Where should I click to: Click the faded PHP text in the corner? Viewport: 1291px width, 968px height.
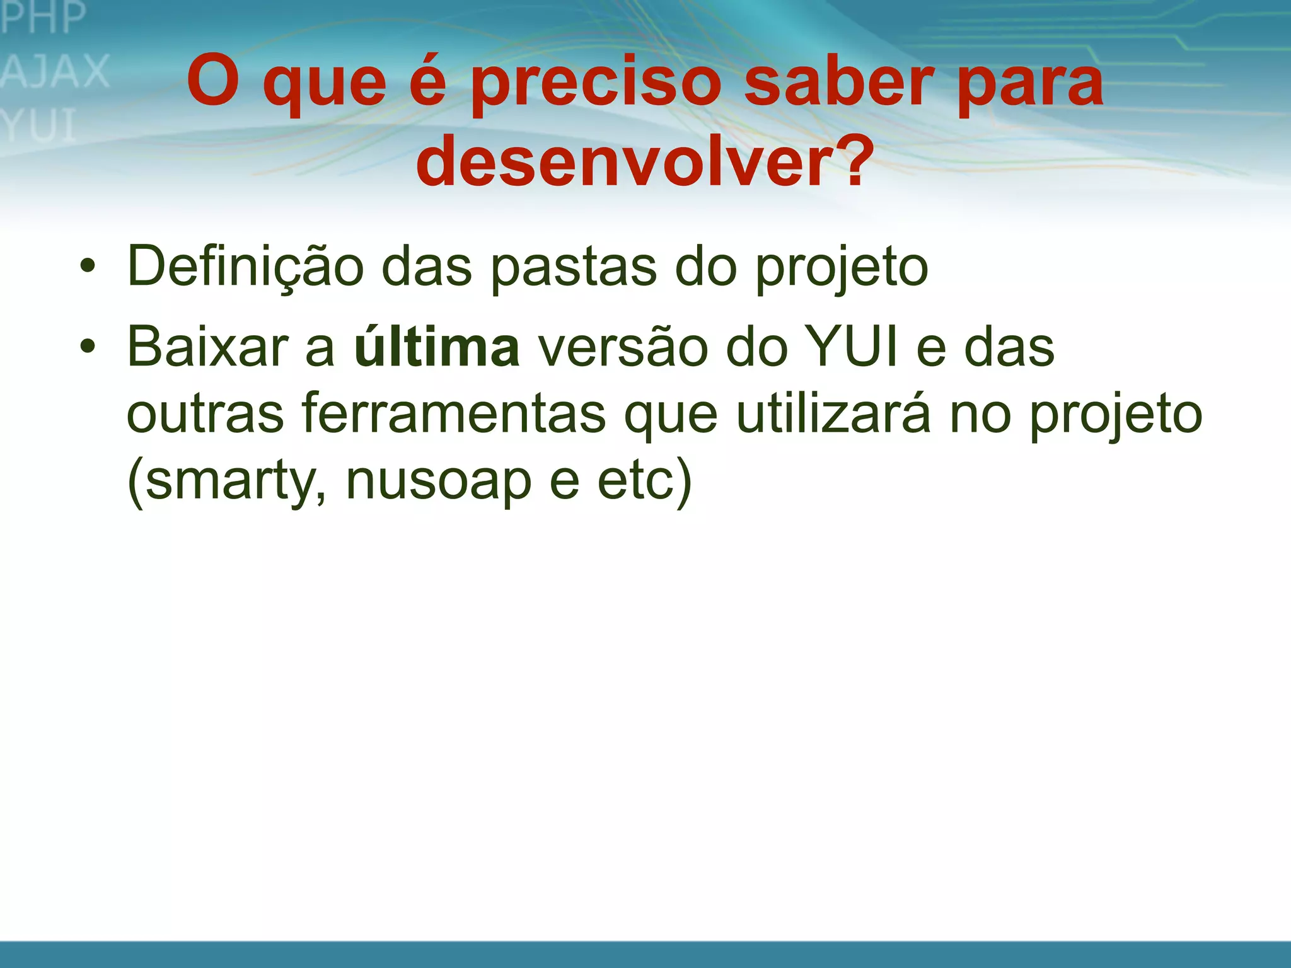tap(43, 18)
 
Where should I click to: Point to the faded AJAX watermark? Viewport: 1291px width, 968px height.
tap(55, 71)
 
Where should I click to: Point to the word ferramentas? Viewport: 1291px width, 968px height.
tap(454, 414)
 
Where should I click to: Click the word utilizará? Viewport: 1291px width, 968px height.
tap(833, 414)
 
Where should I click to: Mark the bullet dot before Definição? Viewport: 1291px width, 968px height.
tap(88, 266)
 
